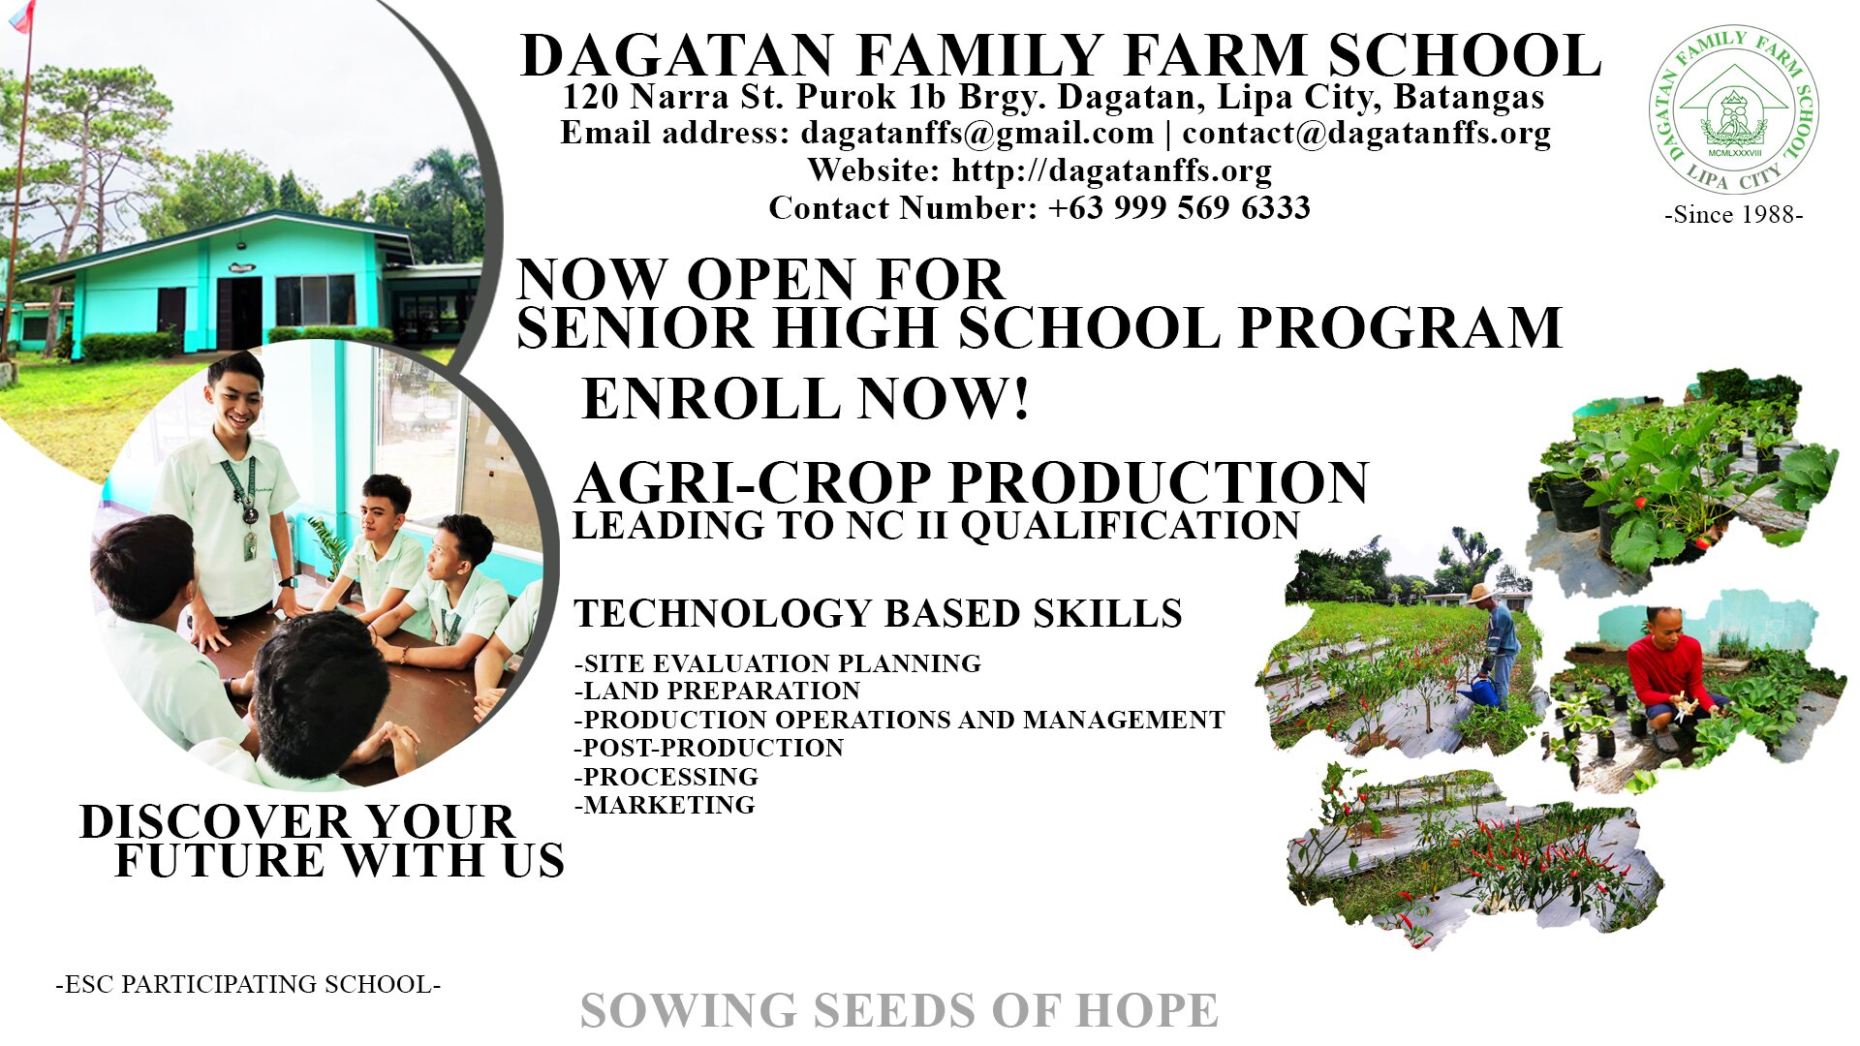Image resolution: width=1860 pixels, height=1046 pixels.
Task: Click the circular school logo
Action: click(1733, 109)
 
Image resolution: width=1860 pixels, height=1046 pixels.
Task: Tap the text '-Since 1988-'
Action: click(1734, 215)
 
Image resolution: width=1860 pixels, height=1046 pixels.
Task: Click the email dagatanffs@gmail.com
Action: click(977, 134)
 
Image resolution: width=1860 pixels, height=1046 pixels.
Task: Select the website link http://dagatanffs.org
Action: click(1111, 171)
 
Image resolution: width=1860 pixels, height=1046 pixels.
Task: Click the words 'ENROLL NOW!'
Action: click(805, 398)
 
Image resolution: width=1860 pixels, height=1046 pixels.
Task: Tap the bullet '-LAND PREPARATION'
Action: click(718, 691)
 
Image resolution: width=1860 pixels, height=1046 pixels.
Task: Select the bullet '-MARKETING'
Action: click(665, 805)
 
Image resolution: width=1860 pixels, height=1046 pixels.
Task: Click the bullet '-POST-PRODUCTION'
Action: click(709, 748)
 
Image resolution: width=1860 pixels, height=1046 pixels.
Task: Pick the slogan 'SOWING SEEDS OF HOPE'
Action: click(899, 1010)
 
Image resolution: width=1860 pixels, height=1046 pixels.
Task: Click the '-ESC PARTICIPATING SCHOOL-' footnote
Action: click(248, 984)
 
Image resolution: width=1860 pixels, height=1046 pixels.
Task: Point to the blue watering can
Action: click(1479, 691)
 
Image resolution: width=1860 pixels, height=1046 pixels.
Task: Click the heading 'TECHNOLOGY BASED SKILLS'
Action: click(878, 614)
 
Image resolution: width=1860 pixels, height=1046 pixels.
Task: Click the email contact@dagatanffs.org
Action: click(1367, 134)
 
